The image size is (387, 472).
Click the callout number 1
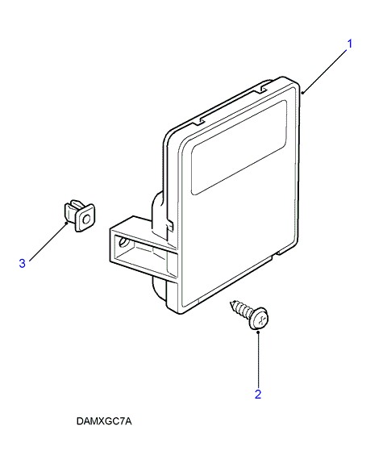[x=349, y=44]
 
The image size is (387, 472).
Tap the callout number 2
[x=258, y=395]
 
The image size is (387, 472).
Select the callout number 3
[x=23, y=263]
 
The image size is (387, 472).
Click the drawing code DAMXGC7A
[x=104, y=421]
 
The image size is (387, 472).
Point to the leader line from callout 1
[x=325, y=71]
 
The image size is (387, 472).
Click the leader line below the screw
[x=258, y=359]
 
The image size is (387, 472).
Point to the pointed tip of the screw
[x=231, y=302]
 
